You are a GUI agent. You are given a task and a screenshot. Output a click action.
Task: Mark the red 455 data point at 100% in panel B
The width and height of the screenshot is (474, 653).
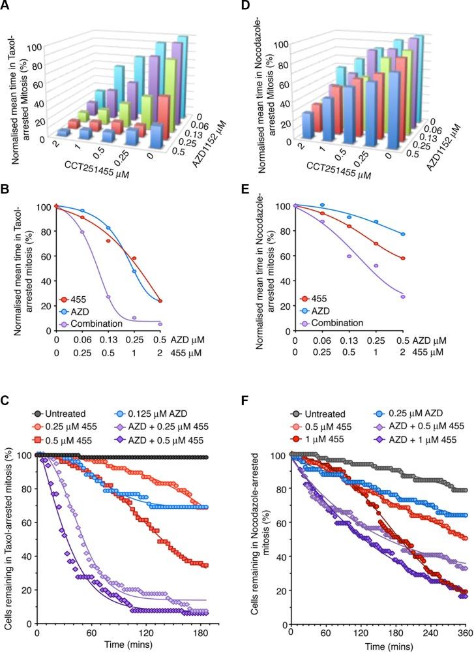click(57, 206)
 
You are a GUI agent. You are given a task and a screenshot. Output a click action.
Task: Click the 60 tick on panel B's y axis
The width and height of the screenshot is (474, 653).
click(44, 256)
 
